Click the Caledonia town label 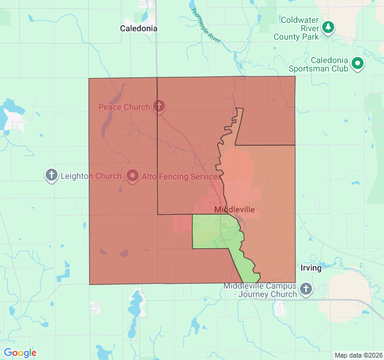(139, 28)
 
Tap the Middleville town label (235, 209)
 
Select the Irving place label (311, 268)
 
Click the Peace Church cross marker (159, 107)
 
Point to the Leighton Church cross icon (52, 176)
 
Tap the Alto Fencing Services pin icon (133, 176)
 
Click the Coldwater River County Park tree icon (328, 27)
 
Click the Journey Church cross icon (306, 289)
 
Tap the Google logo (20, 353)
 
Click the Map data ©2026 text (358, 355)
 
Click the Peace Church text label (124, 107)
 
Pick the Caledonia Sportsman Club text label (320, 64)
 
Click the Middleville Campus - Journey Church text (260, 290)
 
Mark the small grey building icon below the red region (95, 308)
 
